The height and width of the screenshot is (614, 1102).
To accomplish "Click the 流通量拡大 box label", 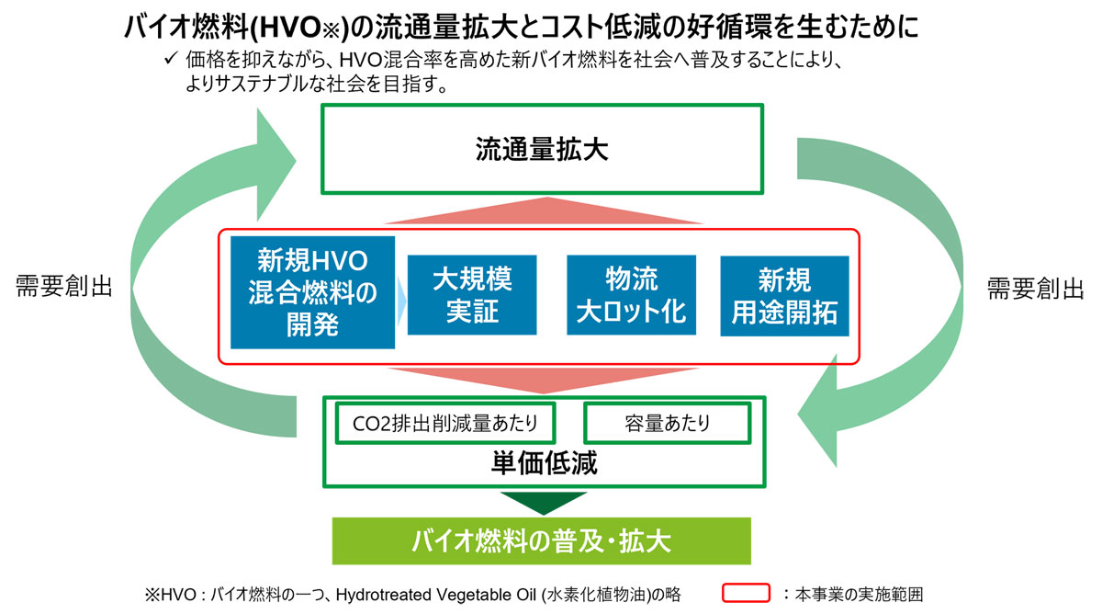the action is pyautogui.click(x=542, y=149).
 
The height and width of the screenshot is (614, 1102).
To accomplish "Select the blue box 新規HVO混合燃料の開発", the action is pyautogui.click(x=312, y=292).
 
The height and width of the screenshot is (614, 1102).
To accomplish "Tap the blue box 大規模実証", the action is pyautogui.click(x=472, y=295).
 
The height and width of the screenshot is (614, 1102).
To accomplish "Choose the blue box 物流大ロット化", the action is pyautogui.click(x=631, y=295).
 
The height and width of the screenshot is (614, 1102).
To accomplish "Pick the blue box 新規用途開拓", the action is pyautogui.click(x=784, y=296).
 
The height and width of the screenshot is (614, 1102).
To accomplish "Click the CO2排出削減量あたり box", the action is pyautogui.click(x=445, y=423).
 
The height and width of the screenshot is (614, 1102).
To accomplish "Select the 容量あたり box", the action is pyautogui.click(x=667, y=423).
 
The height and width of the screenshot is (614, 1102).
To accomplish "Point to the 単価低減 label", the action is pyautogui.click(x=544, y=463).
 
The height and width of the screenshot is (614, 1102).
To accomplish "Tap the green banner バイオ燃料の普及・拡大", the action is pyautogui.click(x=542, y=540).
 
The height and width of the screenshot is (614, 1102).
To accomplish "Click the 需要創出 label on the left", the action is pyautogui.click(x=64, y=286).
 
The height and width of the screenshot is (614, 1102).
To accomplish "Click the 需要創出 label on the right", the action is pyautogui.click(x=1036, y=289).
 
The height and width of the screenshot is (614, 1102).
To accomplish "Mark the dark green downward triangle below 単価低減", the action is pyautogui.click(x=544, y=503).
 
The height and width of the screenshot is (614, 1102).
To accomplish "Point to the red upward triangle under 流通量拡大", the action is pyautogui.click(x=544, y=210).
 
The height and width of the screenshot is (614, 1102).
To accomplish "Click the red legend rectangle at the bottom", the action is pyautogui.click(x=746, y=593).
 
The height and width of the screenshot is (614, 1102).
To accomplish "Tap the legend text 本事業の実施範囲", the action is pyautogui.click(x=859, y=595).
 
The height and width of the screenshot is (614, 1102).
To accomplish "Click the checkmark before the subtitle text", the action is pyautogui.click(x=170, y=58).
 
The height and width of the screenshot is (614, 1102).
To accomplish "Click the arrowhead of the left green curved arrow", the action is pyautogui.click(x=276, y=164).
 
